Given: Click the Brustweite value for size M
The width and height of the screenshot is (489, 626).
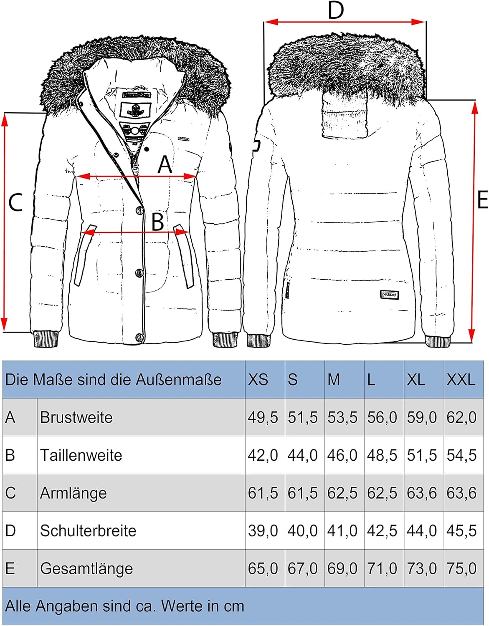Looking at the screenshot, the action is click(342, 417).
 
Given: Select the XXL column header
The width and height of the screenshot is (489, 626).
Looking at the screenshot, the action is click(461, 380).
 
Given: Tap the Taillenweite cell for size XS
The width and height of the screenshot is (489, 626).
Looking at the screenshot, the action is click(263, 455).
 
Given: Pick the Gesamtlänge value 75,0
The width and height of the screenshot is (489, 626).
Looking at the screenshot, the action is click(461, 568).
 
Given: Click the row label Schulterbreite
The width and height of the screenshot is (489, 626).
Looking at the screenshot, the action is click(88, 530).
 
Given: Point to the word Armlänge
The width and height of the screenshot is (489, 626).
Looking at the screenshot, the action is click(73, 493).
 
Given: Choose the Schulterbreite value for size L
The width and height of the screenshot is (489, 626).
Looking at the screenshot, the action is click(382, 530).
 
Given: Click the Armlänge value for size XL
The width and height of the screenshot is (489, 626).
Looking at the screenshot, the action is click(422, 493).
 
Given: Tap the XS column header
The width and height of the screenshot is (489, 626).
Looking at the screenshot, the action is click(258, 380).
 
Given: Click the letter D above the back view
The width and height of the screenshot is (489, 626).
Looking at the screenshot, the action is click(336, 10).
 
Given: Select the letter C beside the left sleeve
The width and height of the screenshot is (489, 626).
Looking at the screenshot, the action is click(15, 203).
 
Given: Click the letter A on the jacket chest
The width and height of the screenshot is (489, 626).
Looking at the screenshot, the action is click(165, 165).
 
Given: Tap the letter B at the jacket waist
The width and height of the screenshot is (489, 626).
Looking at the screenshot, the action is click(157, 222).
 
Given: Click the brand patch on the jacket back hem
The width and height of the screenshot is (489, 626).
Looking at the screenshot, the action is click(390, 295).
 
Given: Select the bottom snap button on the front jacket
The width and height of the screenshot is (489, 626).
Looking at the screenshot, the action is click(139, 336).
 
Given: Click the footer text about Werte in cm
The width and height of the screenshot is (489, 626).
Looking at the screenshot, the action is click(124, 606).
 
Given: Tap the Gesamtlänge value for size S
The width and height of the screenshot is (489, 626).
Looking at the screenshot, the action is click(302, 568).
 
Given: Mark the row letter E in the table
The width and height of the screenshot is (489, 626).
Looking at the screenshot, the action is click(10, 568).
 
